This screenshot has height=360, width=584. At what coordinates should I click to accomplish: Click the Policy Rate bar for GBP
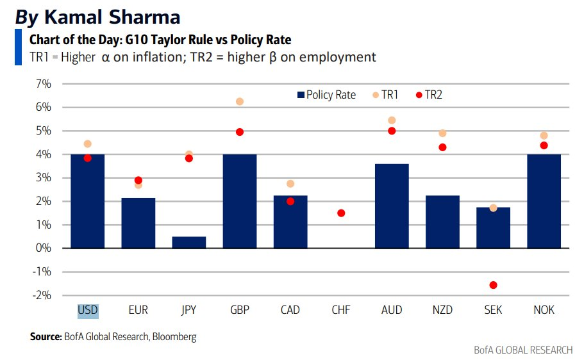[240, 201]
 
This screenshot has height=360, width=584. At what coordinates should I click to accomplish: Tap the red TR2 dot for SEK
[493, 285]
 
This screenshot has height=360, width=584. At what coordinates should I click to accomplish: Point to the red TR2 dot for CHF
[341, 213]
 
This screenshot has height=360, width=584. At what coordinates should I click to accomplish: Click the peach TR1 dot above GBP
[240, 101]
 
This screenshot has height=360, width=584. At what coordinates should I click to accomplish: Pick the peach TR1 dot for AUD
[392, 120]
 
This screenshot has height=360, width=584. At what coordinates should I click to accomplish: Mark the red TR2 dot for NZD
[442, 147]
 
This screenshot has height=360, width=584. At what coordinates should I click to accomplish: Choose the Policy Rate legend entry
[326, 95]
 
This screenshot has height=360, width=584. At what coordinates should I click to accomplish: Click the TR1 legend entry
[386, 95]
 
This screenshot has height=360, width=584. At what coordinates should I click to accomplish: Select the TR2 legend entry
[430, 95]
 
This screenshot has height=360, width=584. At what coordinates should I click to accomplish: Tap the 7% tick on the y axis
[44, 84]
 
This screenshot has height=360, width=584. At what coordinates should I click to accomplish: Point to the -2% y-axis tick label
[42, 295]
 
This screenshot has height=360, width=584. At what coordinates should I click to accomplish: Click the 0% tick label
[44, 249]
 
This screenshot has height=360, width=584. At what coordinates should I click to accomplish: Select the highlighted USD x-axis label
[88, 310]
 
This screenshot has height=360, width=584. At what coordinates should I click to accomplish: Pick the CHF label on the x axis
[341, 310]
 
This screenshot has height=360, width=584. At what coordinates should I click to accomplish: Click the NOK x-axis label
[544, 310]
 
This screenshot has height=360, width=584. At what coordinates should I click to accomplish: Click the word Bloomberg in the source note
[174, 336]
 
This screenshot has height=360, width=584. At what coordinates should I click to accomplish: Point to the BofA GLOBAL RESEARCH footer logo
[523, 350]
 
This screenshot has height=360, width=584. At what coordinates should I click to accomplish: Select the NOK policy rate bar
[544, 201]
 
